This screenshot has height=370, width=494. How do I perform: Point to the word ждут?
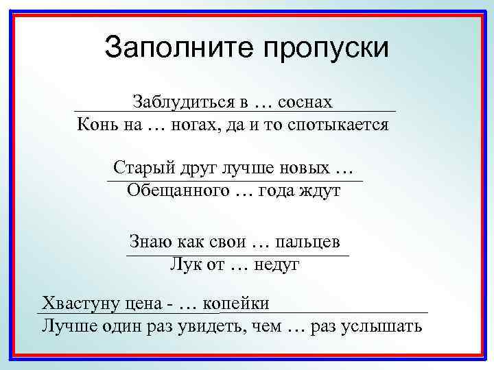[x=319, y=191]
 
